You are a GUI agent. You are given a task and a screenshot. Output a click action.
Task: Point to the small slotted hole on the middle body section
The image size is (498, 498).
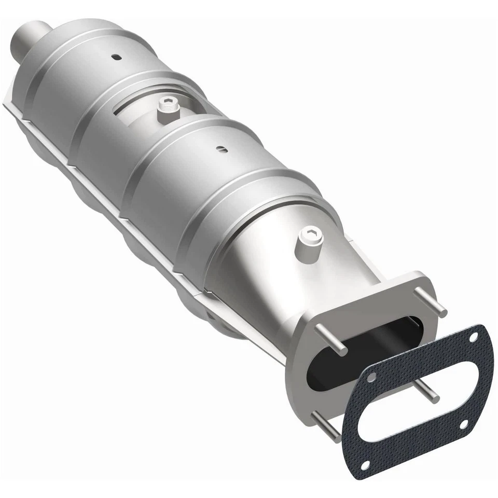222,150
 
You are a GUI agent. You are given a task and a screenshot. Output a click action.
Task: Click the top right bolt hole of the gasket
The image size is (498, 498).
473,338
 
